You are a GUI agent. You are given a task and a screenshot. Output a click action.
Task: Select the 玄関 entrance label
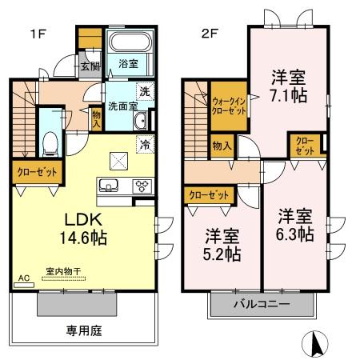[x=89, y=66]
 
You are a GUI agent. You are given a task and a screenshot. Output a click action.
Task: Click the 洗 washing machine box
[x=143, y=90]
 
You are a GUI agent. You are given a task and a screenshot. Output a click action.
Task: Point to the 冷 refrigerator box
[x=146, y=145]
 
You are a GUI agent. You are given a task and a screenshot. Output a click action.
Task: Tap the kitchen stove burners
[x=140, y=186]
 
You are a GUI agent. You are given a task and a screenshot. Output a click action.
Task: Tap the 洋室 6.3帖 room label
[x=296, y=225]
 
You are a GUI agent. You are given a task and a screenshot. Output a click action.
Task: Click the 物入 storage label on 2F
[x=222, y=146]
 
